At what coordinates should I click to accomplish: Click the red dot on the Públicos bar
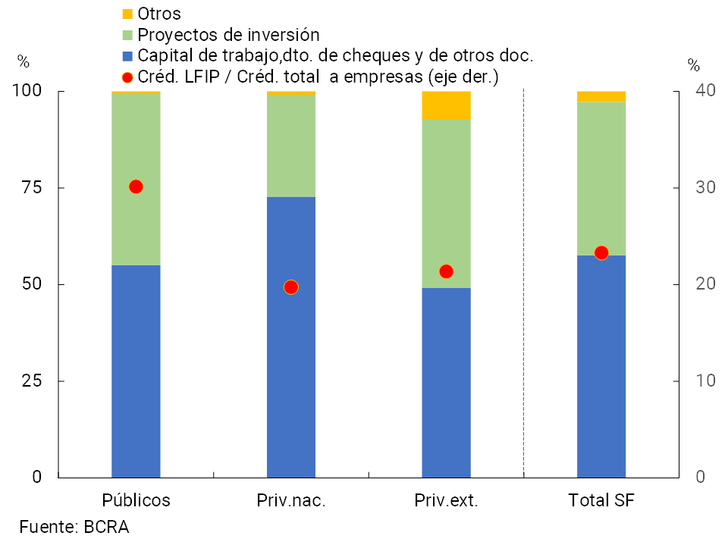(x=136, y=186)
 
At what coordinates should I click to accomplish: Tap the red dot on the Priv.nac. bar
(x=290, y=287)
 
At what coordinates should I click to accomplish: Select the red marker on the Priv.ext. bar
(x=446, y=271)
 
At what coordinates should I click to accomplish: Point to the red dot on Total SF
(x=601, y=253)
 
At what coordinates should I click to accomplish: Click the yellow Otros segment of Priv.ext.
(x=446, y=105)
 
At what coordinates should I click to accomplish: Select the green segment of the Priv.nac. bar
(x=291, y=146)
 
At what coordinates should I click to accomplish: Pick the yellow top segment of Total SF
(x=601, y=96)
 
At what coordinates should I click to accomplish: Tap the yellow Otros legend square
(x=127, y=14)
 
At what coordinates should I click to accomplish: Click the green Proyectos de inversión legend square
(x=127, y=35)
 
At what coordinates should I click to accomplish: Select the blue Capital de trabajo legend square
(x=127, y=55)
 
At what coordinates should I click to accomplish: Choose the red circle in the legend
(x=127, y=77)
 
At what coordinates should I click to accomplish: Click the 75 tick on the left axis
(x=33, y=188)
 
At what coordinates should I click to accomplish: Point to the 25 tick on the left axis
(x=33, y=381)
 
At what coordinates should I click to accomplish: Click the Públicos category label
(x=136, y=500)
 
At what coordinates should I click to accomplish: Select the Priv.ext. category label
(x=446, y=500)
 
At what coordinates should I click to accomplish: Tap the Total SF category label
(x=601, y=500)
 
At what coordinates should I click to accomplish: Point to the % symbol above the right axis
(x=693, y=64)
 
